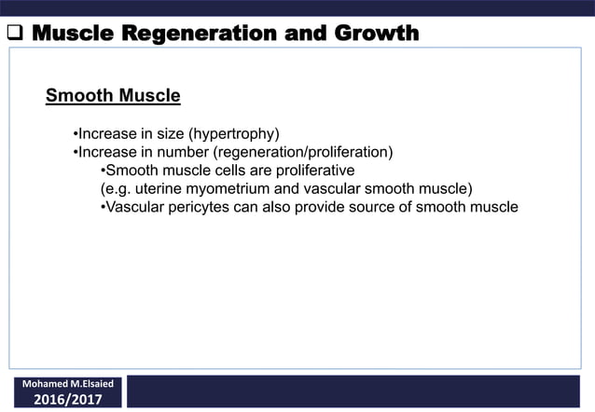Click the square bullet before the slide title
tap(14, 35)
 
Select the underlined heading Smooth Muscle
tap(113, 95)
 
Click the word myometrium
tap(230, 188)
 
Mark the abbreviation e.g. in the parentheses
tap(116, 188)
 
